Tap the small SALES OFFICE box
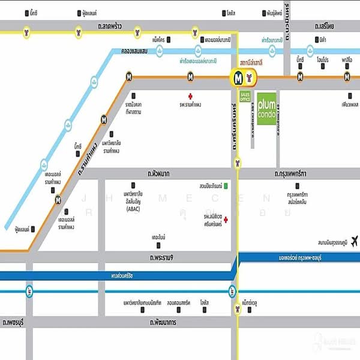pyautogui.click(x=245, y=96)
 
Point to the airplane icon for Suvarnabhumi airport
pyautogui.click(x=353, y=241)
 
